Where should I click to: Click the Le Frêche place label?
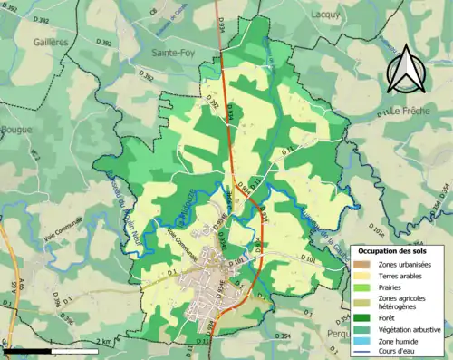point(414,111)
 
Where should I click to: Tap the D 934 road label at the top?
point(220,24)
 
